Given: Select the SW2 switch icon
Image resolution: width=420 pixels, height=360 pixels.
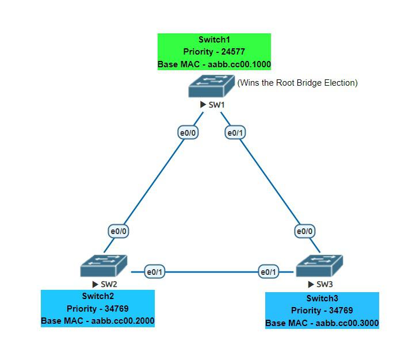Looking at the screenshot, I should click(104, 267).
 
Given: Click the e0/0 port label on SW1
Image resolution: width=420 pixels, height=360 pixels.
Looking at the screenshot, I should click(188, 133).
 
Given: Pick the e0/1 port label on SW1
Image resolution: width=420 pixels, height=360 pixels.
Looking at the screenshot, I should click(235, 133).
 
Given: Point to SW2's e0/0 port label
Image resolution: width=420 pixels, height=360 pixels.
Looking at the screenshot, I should click(119, 231).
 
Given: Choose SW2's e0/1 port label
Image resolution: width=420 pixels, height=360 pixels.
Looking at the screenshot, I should click(154, 271).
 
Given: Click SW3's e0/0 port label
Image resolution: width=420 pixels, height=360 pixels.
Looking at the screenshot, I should click(304, 231).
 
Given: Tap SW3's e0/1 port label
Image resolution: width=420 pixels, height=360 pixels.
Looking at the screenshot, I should click(268, 271).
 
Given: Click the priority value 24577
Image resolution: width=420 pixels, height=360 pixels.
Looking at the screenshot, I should click(232, 52).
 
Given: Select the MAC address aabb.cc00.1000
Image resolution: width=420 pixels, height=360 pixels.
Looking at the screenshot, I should click(238, 64).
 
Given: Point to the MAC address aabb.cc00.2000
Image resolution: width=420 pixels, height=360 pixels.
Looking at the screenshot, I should click(121, 321).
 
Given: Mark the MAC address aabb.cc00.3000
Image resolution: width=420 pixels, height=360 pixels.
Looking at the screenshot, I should click(346, 323).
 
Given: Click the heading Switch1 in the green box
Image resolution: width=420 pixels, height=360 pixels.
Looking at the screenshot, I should click(214, 39).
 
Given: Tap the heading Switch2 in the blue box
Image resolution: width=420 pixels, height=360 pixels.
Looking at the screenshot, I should click(98, 296).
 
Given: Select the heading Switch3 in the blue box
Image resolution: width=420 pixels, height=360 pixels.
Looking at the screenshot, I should click(322, 298).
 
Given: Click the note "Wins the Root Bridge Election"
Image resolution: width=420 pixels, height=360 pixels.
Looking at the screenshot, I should click(297, 83).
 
